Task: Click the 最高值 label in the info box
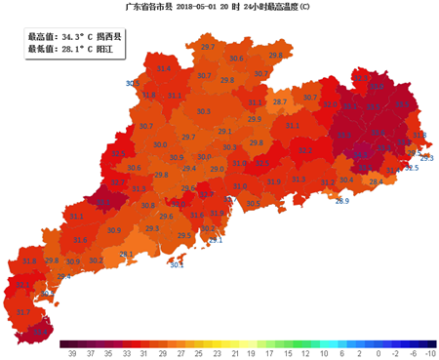tap(42, 35)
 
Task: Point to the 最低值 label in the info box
tap(42, 48)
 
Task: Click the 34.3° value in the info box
tap(74, 35)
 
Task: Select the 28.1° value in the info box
tap(74, 48)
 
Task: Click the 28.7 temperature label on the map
tap(280, 101)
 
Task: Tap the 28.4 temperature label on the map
tap(374, 181)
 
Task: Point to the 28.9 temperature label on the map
tap(342, 201)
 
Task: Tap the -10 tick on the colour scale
tap(430, 354)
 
